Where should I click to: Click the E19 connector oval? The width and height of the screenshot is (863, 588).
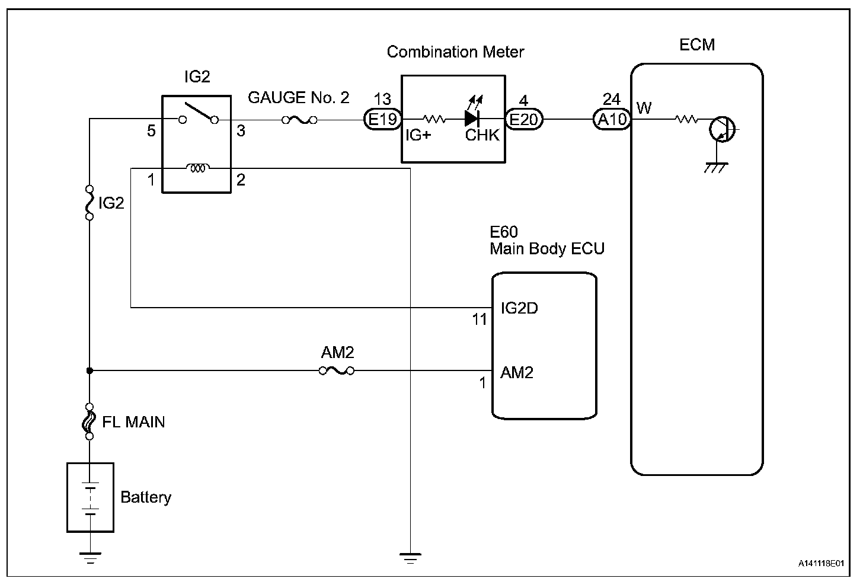(382, 120)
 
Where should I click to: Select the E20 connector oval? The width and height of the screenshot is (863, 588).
(524, 120)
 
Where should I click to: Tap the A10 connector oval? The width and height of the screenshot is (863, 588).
(612, 120)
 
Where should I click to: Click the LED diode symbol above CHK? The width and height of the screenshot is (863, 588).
(472, 117)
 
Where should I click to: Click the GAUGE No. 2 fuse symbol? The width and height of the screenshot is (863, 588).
(299, 120)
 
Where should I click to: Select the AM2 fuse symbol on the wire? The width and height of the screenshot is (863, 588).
(337, 371)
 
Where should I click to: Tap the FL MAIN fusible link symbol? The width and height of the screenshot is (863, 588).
(90, 421)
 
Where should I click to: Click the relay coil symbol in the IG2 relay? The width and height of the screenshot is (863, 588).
(197, 168)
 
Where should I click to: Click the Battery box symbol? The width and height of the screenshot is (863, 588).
(90, 497)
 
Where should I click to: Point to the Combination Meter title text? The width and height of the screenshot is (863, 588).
(455, 52)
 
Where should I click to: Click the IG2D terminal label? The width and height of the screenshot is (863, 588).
(519, 308)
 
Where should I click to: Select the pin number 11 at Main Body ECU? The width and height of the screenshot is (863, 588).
(480, 320)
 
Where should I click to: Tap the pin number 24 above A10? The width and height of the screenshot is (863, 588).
(611, 98)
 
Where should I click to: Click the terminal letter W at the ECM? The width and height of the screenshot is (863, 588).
(644, 108)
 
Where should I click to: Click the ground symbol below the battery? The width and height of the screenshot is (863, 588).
(90, 557)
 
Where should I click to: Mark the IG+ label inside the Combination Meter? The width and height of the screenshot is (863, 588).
(418, 135)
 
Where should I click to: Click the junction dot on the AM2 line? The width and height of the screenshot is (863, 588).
(90, 371)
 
